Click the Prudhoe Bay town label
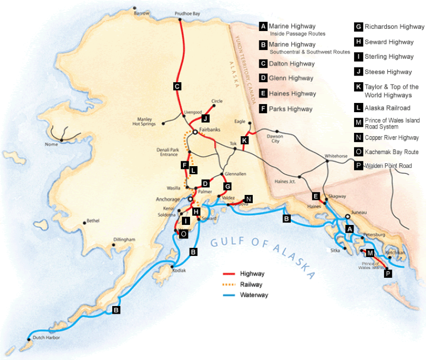coord(187,13)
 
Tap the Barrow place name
coord(141,13)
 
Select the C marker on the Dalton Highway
coord(177,86)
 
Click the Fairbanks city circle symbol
coord(195,131)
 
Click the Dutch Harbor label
coord(46,338)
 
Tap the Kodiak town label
coord(179,270)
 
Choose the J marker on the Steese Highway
coord(205,118)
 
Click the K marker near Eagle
coord(245,140)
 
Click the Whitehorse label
coord(336,155)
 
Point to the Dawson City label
coord(275,138)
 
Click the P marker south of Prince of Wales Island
coord(388,274)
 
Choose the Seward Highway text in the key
coord(389,42)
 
